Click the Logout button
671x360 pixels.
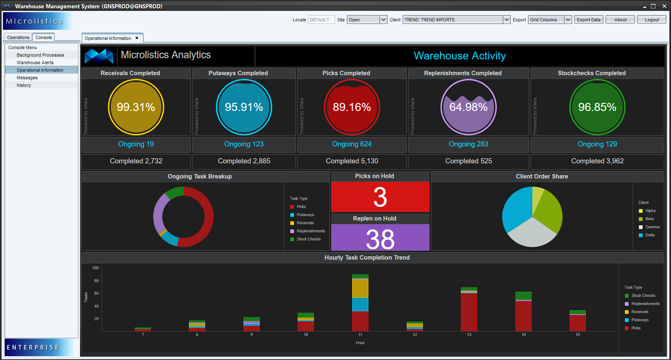coord(651,20)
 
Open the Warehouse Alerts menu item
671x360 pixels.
coord(35,63)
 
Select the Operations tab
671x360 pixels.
coord(18,37)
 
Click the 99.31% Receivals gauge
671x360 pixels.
coord(136,107)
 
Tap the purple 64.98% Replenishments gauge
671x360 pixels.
coord(468,107)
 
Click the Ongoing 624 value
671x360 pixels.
coord(351,144)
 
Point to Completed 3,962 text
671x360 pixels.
coord(597,161)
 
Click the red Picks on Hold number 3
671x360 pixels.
coord(380,197)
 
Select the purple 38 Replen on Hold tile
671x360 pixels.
coord(380,238)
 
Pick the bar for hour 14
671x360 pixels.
coord(523,313)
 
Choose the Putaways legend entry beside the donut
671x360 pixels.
coord(305,215)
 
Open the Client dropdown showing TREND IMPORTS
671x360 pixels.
coord(456,20)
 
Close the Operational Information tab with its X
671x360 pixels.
coord(137,38)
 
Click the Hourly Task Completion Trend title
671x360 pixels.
coord(367,258)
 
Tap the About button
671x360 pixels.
coord(620,20)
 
